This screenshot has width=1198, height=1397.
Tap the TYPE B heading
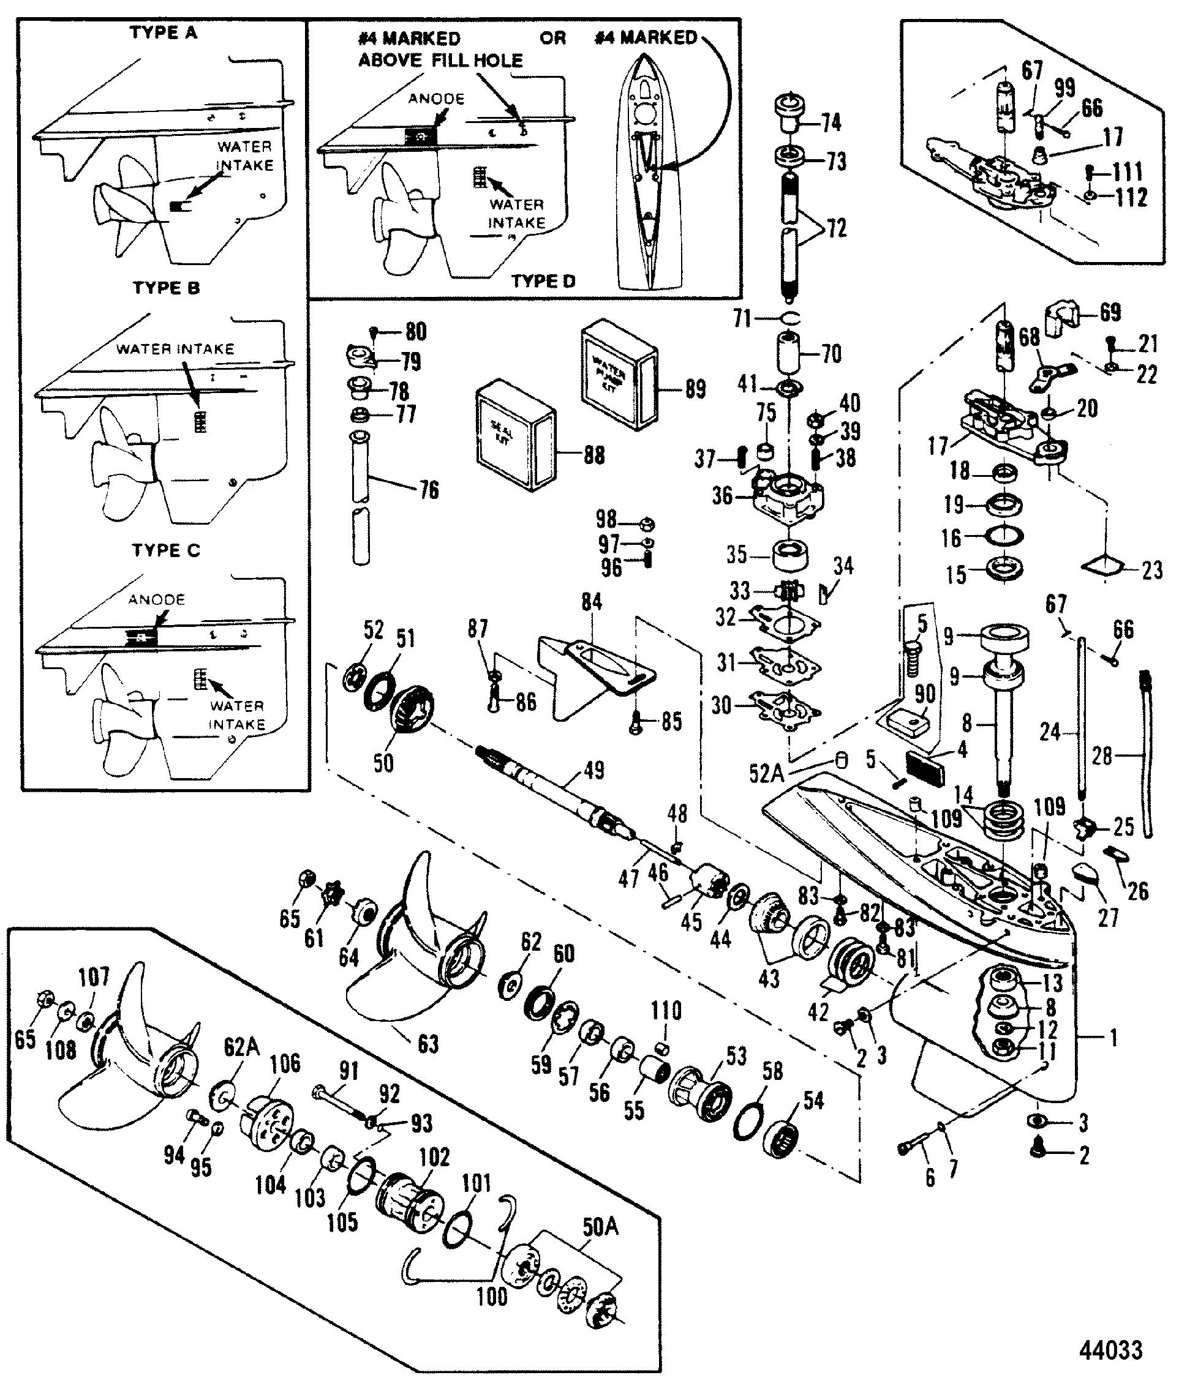pos(166,288)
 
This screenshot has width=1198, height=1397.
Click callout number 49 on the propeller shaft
pos(593,770)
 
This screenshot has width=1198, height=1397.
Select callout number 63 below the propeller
pos(428,1044)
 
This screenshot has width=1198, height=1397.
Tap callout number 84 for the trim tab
pos(591,601)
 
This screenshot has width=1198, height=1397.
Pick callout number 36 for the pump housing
pos(721,496)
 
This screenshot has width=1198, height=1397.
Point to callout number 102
pos(434,1157)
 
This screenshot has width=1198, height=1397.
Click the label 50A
pos(600,1227)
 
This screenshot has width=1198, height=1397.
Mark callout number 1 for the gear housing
pos(1113,1038)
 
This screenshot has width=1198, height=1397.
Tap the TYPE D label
pos(543,281)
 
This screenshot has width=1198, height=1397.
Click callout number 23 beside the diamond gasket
pos(1152,571)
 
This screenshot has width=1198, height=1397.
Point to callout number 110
pos(666,1011)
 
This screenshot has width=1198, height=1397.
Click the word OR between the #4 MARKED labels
pos(552,38)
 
